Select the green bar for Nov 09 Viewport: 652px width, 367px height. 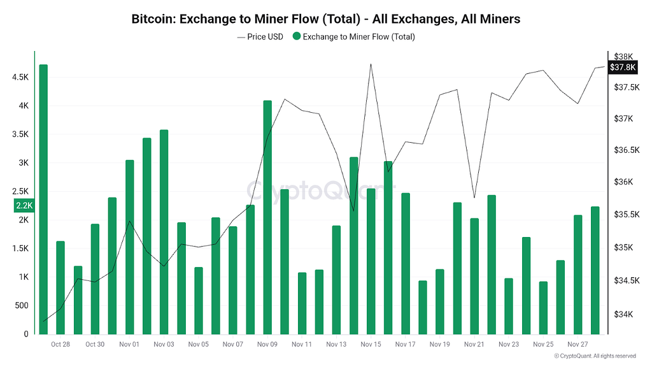pyautogui.click(x=267, y=217)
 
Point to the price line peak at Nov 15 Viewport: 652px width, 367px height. pyautogui.click(x=371, y=64)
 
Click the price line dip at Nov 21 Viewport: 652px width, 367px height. pyautogui.click(x=474, y=198)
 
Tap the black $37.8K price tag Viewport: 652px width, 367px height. pyautogui.click(x=623, y=68)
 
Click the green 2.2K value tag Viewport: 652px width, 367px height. pyautogui.click(x=24, y=205)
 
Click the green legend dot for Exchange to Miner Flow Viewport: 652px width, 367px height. pyautogui.click(x=297, y=37)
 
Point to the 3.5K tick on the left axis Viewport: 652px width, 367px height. pyautogui.click(x=19, y=134)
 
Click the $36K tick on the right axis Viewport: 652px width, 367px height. pyautogui.click(x=623, y=182)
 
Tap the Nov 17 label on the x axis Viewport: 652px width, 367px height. pyautogui.click(x=405, y=345)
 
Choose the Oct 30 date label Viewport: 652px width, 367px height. pyautogui.click(x=94, y=345)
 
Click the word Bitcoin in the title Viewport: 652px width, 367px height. pyautogui.click(x=152, y=19)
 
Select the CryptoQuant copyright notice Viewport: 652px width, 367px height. pyautogui.click(x=594, y=356)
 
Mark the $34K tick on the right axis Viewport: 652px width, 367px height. pyautogui.click(x=623, y=314)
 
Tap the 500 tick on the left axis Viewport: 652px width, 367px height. pyautogui.click(x=21, y=306)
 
